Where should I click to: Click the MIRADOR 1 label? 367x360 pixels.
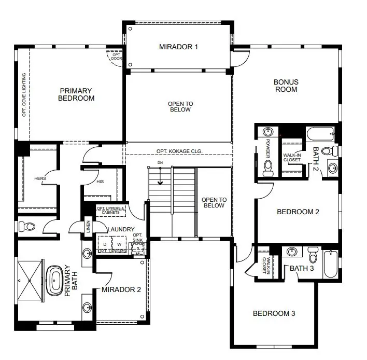[x=178, y=47]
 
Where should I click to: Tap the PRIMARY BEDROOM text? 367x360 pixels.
[x=76, y=94]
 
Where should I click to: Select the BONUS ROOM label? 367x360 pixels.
[x=286, y=86]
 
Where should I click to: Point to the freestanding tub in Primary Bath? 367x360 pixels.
[x=55, y=280]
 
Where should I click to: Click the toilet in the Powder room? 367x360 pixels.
[x=268, y=168]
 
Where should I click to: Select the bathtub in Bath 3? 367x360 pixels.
[x=331, y=264]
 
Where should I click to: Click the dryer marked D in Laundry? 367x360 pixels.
[x=105, y=244]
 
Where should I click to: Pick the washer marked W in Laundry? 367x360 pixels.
[x=119, y=244]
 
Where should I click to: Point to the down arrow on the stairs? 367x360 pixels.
[x=160, y=176]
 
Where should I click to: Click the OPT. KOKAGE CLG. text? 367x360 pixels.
[x=179, y=151]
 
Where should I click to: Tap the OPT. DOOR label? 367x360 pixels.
[x=116, y=57]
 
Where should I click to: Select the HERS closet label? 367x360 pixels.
[x=40, y=178]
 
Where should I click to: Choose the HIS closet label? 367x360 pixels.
[x=100, y=182]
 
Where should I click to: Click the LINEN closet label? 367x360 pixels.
[x=88, y=227]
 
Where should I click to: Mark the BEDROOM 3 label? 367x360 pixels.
[x=274, y=313]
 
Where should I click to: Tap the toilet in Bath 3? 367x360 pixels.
[x=313, y=255]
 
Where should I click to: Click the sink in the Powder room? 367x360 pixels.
[x=268, y=132]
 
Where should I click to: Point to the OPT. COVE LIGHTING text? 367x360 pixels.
[x=24, y=95]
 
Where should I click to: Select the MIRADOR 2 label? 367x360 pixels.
[x=121, y=289]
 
